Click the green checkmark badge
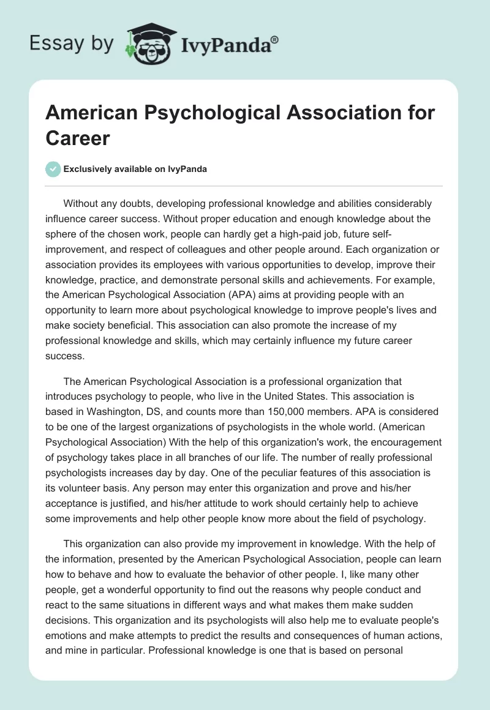coord(53,169)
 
